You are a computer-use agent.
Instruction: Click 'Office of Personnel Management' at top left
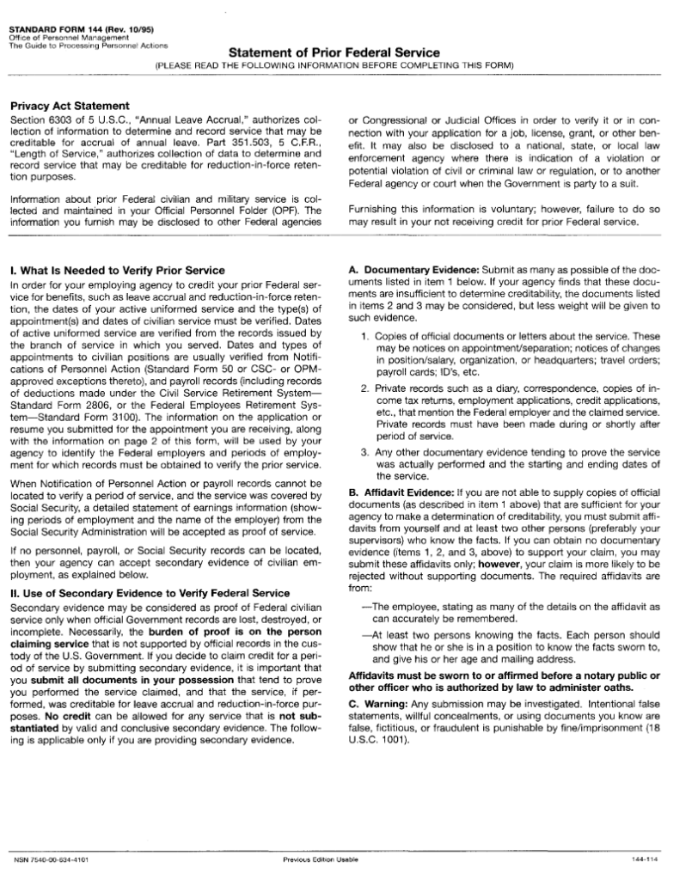(68, 39)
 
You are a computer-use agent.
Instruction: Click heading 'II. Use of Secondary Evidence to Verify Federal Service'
(149, 593)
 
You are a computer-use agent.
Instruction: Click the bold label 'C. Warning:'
(377, 703)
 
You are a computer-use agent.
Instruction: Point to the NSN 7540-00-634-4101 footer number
(52, 859)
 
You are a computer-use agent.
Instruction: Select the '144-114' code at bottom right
(644, 859)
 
